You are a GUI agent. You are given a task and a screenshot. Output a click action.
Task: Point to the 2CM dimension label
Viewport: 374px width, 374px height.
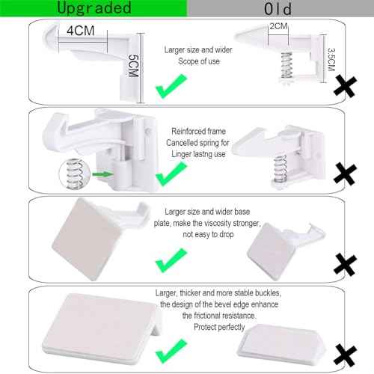tap(278, 26)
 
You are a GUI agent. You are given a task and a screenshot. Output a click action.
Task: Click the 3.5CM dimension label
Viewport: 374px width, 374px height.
tap(331, 58)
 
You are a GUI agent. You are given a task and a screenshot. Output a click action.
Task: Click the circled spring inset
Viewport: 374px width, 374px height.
tap(71, 174)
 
